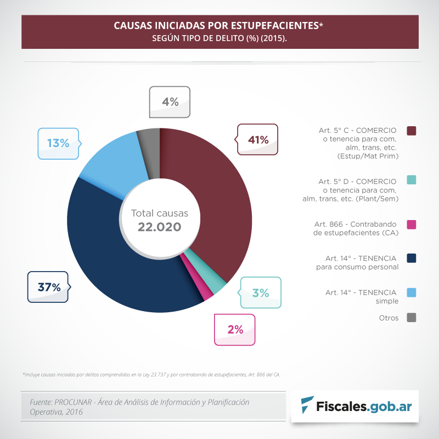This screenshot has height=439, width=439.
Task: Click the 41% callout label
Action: pyautogui.click(x=257, y=140)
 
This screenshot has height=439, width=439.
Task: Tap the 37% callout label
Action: pyautogui.click(x=48, y=286)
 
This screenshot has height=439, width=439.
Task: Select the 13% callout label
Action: pyautogui.click(x=58, y=143)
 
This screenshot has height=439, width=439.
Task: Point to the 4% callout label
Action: pyautogui.click(x=170, y=102)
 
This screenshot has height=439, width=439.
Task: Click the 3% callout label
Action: pyautogui.click(x=261, y=293)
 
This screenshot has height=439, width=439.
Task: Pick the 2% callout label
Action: pyautogui.click(x=235, y=329)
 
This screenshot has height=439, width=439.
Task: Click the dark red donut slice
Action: pyautogui.click(x=219, y=192)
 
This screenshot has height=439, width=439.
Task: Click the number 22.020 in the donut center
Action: pyautogui.click(x=159, y=227)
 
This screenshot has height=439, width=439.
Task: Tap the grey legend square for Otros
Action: pyautogui.click(x=412, y=317)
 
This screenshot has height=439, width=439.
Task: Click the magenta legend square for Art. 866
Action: pyautogui.click(x=412, y=224)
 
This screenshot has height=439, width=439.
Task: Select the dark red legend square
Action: pyautogui.click(x=412, y=131)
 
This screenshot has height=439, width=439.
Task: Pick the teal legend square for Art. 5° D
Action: pyautogui.click(x=412, y=180)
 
